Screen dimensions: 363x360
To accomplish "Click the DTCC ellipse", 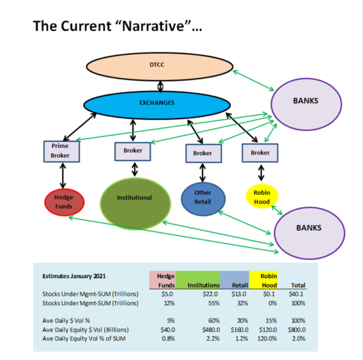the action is [x=160, y=67].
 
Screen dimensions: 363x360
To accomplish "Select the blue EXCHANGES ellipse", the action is [x=157, y=105].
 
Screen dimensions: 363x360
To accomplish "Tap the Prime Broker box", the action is [x=61, y=151].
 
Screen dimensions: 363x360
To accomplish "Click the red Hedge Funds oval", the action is [x=65, y=202].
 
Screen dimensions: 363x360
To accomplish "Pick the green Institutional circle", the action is [x=135, y=203].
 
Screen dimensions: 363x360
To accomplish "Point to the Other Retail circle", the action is [x=203, y=199].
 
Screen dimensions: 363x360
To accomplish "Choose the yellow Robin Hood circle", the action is [x=262, y=196].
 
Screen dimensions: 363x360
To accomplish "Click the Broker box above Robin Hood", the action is [x=260, y=153].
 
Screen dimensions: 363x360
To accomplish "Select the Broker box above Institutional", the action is [x=133, y=151].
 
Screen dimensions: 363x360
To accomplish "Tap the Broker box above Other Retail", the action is [x=203, y=153].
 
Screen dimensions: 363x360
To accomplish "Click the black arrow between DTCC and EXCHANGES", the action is [x=160, y=87].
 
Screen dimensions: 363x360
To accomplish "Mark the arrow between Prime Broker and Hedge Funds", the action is [x=63, y=176].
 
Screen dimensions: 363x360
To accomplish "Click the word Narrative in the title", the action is [x=153, y=26].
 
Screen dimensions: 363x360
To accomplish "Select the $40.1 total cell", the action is [x=296, y=294].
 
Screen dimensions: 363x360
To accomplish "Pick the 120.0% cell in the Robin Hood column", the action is [x=267, y=338].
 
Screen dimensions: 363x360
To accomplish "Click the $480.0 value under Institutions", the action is [x=211, y=330].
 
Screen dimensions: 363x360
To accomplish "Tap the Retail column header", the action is [x=240, y=285].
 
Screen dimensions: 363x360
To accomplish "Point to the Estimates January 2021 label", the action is [x=74, y=276].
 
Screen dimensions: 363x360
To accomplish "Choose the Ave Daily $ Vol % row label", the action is [x=66, y=320].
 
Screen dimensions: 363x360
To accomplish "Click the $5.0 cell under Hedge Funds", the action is [x=167, y=294].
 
